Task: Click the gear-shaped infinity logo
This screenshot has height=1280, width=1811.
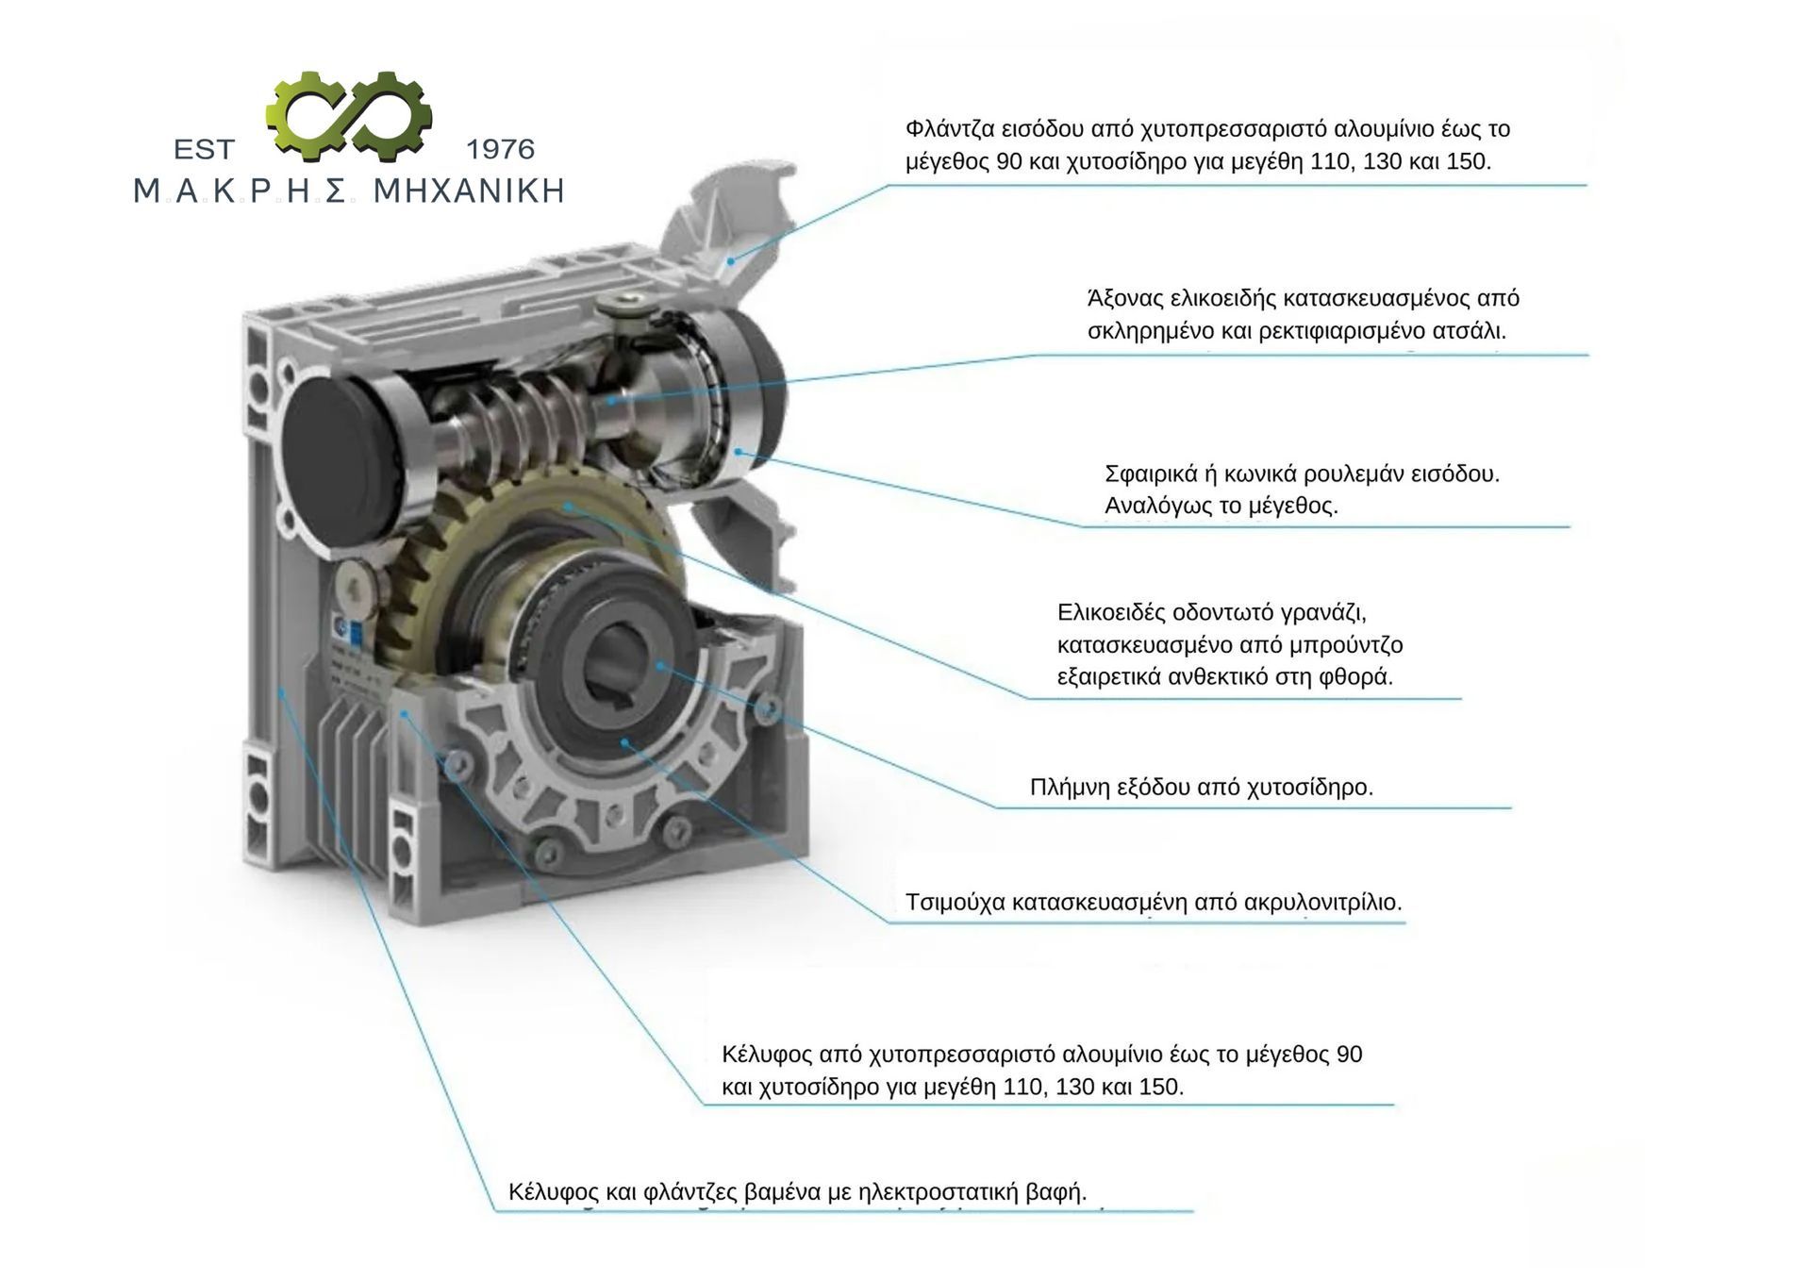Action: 349,116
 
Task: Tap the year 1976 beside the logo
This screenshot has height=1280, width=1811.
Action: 500,149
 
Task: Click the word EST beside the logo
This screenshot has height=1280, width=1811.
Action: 204,149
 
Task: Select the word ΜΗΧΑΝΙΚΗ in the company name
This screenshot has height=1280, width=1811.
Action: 469,191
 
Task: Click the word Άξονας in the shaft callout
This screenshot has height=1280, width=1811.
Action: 1125,298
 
